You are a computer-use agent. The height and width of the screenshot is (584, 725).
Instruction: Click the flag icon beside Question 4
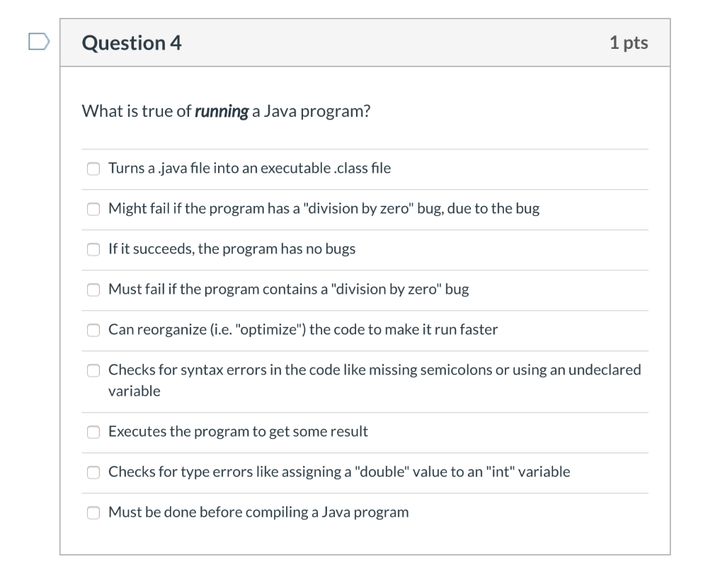coord(39,42)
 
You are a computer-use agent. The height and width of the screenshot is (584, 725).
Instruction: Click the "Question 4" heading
coord(132,43)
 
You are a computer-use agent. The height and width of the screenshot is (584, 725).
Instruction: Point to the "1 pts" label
coord(628,43)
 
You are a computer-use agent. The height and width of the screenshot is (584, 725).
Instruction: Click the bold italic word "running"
coord(222,112)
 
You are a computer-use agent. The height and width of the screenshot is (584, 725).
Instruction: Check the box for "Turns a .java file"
coord(93,168)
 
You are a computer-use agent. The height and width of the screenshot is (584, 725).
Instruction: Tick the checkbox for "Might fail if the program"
coord(93,209)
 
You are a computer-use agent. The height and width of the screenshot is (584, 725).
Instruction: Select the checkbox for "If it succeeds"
coord(93,249)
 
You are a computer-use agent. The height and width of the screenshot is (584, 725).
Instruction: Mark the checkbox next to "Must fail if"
coord(93,290)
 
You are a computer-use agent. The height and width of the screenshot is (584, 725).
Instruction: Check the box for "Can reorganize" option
coord(93,330)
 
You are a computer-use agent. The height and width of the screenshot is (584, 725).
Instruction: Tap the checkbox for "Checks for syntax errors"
coord(93,370)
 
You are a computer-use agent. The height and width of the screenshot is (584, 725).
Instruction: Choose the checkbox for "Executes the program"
coord(93,432)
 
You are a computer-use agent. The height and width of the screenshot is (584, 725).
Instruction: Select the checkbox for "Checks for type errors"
coord(93,472)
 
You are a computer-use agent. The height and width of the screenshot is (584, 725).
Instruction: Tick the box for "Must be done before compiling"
coord(93,513)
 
